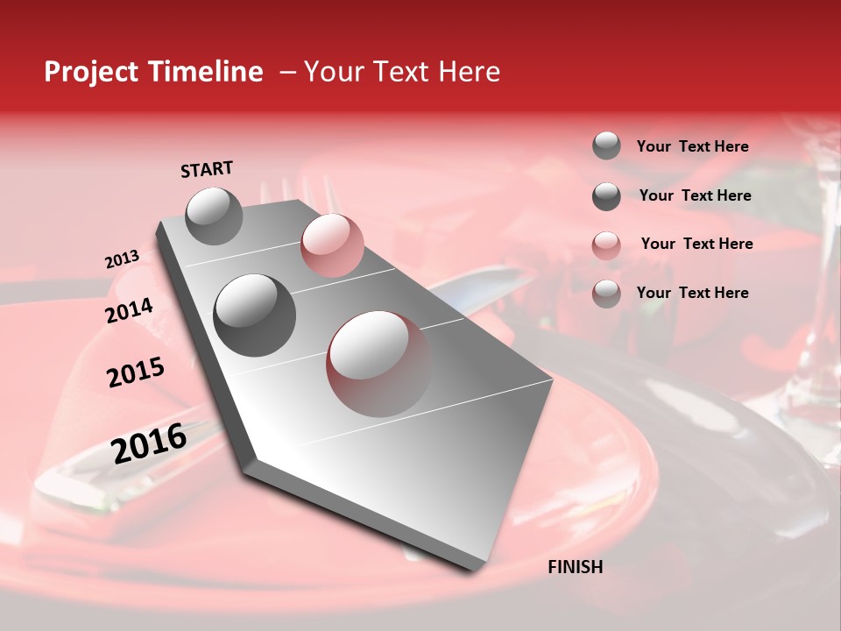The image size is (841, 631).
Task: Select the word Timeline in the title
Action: point(206,72)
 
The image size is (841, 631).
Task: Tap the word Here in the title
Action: point(469,72)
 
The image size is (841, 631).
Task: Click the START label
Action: point(207,169)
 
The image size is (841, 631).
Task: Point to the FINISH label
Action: point(576,567)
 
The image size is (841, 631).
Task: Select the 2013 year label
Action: point(122,259)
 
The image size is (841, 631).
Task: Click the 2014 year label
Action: point(130,311)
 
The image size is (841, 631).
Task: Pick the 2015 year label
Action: point(136,372)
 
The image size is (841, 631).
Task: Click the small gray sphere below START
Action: point(215,216)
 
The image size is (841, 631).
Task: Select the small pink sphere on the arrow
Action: point(332,245)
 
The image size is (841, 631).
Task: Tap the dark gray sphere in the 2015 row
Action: point(254,315)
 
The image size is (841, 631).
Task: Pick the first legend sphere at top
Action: point(606,145)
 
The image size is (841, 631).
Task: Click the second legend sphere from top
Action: point(606,196)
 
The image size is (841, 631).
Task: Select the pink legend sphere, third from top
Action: point(606,245)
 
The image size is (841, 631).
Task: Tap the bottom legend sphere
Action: point(606,294)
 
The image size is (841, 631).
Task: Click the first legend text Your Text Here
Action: point(692,147)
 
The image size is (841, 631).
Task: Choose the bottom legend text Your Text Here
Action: point(692,293)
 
